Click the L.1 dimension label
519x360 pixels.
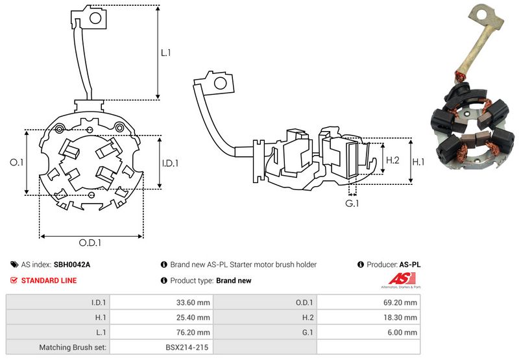pos(166,53)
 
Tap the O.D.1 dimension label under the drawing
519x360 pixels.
pos(91,243)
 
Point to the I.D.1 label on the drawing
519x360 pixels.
pos(169,163)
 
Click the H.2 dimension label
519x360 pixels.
pos(393,160)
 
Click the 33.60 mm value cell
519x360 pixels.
pos(195,302)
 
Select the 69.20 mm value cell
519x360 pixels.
pos(402,302)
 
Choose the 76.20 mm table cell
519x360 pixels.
pos(195,332)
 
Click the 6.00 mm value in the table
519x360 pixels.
pos(404,332)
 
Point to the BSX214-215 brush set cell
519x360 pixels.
pos(187,347)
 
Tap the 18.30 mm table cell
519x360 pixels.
pos(402,317)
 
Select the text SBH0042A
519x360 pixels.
pos(72,265)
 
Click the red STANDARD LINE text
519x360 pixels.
pos(49,280)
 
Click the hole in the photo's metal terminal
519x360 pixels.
pos(481,13)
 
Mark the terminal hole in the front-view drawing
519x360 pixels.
pos(95,18)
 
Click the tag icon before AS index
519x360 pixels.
pos(14,265)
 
